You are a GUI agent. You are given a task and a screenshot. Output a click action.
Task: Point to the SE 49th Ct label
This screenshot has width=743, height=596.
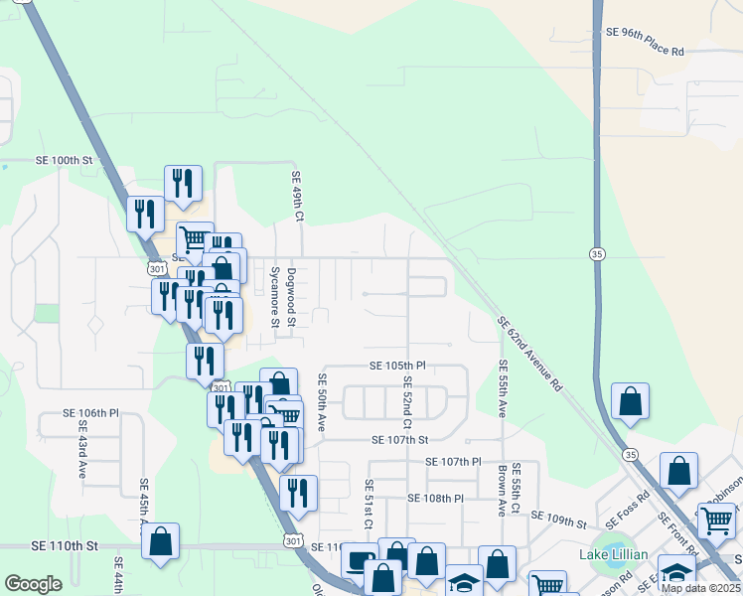point(296,196)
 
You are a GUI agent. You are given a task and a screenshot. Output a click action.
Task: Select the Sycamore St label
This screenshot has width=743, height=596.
point(275,289)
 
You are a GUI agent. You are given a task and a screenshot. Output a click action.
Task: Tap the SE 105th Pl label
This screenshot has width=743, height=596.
point(397,366)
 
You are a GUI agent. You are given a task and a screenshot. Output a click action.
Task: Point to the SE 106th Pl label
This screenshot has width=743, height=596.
point(90,412)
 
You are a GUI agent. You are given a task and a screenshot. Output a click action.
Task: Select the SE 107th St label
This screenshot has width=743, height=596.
point(399,439)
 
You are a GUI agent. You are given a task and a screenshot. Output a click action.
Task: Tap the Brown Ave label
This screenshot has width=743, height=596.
point(504,490)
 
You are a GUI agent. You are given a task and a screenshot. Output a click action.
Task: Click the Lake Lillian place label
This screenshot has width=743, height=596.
point(614,554)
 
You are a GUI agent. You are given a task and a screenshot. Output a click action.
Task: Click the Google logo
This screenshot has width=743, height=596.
point(33,584)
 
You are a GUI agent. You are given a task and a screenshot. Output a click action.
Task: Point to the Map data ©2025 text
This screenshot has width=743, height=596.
point(699,588)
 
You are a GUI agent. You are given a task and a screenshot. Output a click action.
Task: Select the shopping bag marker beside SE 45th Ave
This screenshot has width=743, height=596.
point(161,542)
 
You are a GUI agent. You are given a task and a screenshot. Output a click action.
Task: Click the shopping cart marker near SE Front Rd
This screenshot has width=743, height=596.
point(716,520)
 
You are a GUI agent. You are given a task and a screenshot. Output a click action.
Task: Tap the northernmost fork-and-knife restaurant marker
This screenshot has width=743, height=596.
point(183,183)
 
